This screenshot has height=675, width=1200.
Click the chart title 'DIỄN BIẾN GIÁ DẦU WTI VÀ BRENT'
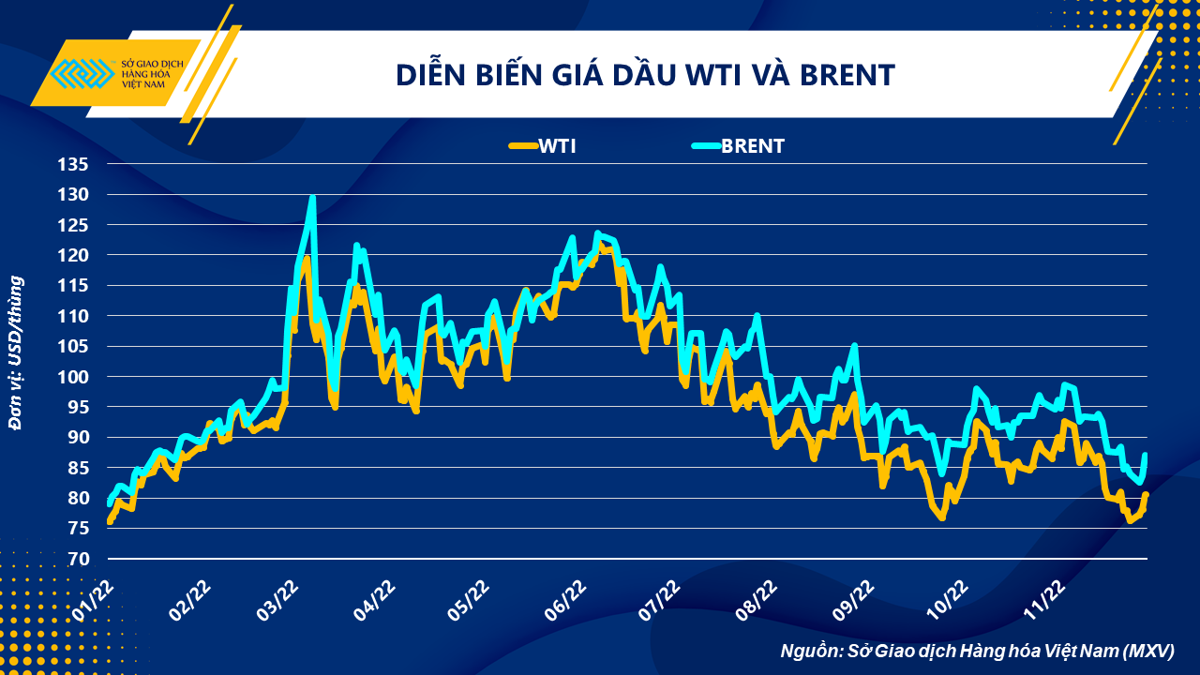coord(645,74)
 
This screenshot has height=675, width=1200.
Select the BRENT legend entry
coord(737,145)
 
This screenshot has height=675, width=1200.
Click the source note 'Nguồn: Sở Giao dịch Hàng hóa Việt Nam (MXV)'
coord(977,651)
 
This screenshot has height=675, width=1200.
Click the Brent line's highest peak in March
coord(312,198)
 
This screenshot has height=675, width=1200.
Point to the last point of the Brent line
coord(1146,455)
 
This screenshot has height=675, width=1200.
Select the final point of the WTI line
coord(1146,494)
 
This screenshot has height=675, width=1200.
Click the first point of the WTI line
coord(110,521)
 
